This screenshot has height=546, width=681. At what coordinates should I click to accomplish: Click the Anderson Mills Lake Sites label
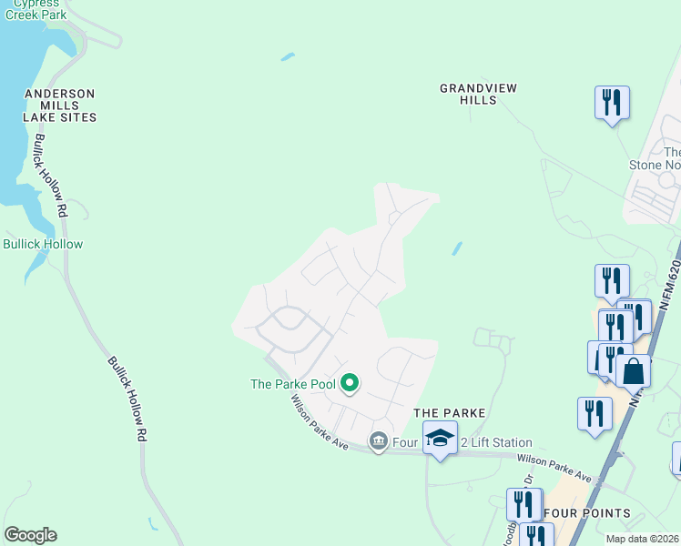click(60, 106)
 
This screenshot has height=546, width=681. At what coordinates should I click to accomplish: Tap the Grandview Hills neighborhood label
click(479, 94)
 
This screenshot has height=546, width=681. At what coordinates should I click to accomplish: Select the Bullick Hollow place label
click(43, 244)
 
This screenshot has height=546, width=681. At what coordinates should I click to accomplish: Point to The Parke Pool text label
click(293, 384)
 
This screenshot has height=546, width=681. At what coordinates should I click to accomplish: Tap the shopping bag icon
click(634, 371)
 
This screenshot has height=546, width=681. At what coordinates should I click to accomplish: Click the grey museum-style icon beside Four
click(378, 442)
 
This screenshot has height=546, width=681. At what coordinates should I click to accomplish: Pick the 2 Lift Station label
click(496, 443)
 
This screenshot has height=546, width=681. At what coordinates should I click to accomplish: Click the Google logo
click(30, 535)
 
